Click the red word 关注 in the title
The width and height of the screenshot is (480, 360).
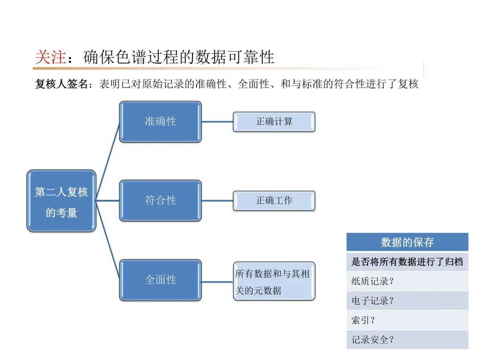50,57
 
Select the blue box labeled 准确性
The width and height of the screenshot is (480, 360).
160,121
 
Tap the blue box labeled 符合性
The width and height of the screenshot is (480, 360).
160,200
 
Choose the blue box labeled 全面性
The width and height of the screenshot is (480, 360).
160,280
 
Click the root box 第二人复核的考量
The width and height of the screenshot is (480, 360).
61,201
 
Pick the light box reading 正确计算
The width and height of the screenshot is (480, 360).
274,121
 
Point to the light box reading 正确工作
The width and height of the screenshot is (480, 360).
274,200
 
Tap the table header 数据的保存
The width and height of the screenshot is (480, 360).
407,242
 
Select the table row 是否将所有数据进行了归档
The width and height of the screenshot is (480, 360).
407,262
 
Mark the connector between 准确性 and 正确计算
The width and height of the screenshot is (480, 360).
217,121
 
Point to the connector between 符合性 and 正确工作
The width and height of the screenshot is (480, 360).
217,200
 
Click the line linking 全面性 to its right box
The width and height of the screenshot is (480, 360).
217,281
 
